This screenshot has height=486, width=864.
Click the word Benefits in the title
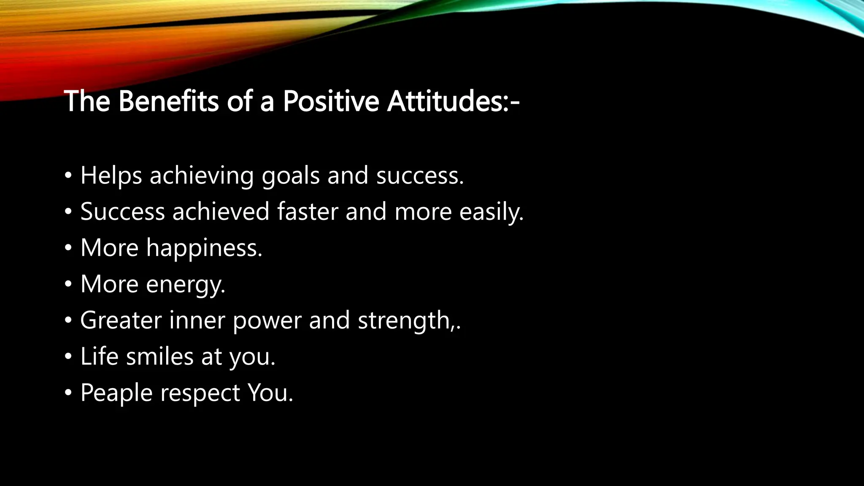pyautogui.click(x=168, y=101)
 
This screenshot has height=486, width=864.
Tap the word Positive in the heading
pyautogui.click(x=331, y=101)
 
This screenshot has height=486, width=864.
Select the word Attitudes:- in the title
pyautogui.click(x=453, y=101)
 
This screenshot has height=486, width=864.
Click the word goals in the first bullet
pyautogui.click(x=291, y=176)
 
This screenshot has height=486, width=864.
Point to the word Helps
pyautogui.click(x=111, y=175)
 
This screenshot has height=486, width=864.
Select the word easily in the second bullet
pyautogui.click(x=491, y=212)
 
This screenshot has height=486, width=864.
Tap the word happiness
pyautogui.click(x=204, y=248)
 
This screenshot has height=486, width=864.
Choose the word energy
pyautogui.click(x=185, y=285)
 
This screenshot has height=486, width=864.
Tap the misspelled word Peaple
pyautogui.click(x=116, y=393)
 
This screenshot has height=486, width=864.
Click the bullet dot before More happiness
pyautogui.click(x=68, y=248)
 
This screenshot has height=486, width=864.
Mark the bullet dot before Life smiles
pyautogui.click(x=68, y=357)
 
